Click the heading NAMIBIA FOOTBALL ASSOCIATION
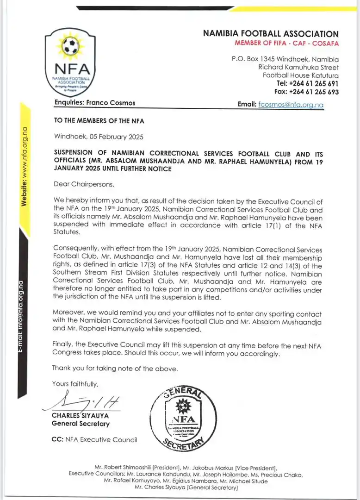[x=271, y=34]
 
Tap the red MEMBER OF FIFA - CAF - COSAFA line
[x=286, y=44]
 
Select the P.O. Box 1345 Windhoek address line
[x=285, y=59]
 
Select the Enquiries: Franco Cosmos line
[x=95, y=103]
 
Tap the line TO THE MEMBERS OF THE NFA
[x=99, y=121]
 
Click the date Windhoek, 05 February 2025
[x=99, y=137]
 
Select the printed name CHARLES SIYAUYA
[x=81, y=416]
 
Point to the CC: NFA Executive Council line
[x=94, y=440]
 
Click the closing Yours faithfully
[x=75, y=384]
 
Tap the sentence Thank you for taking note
[x=114, y=369]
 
